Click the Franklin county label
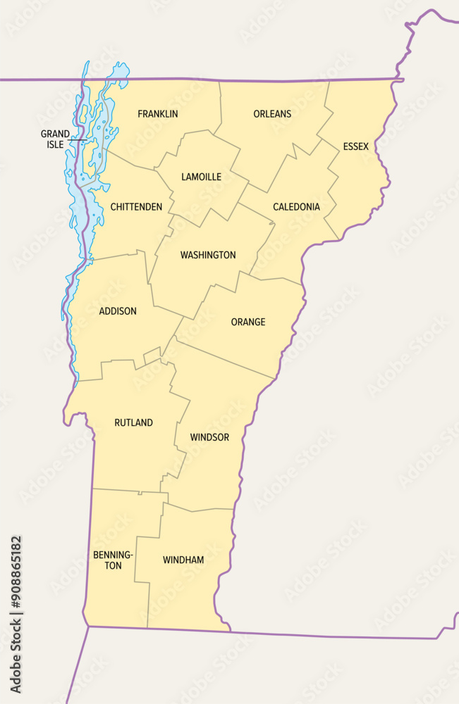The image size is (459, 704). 158,114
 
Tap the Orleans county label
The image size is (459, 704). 272,114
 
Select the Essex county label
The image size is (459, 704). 356,146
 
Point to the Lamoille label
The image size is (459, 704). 201,177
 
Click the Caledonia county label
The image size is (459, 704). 296,207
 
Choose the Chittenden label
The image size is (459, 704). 136,207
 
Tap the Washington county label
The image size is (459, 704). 208,255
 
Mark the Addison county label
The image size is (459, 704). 118,311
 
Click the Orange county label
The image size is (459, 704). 248,322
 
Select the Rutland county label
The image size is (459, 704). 133,423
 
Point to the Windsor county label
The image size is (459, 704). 209,437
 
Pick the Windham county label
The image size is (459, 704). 183,560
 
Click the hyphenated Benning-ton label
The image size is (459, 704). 112,560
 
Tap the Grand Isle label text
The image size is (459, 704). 55,139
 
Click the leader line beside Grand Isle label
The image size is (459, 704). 76,142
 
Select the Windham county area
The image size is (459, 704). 187,591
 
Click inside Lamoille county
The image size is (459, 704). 204,197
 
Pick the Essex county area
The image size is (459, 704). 360,183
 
